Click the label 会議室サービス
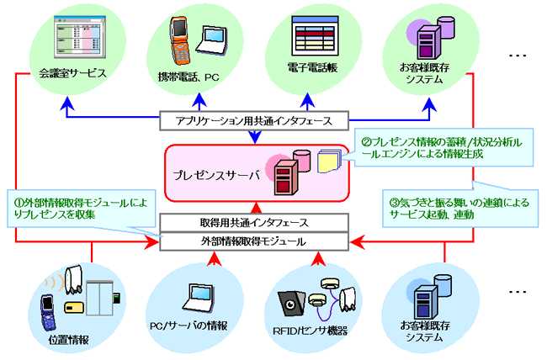click(x=72, y=72)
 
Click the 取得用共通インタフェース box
click(x=256, y=223)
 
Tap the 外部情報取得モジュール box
click(x=256, y=242)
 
